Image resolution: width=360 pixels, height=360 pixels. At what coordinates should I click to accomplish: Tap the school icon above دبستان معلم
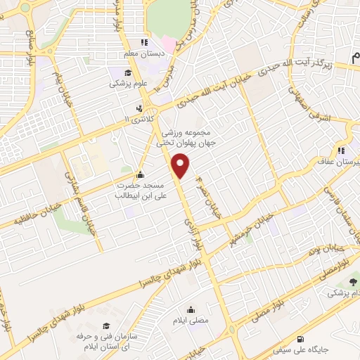point(144,42)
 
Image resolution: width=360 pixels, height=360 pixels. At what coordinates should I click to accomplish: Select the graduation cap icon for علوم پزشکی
point(127,72)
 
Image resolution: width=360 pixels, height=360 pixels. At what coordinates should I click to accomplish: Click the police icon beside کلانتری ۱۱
point(139,109)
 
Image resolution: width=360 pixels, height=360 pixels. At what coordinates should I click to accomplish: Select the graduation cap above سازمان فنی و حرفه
point(105,326)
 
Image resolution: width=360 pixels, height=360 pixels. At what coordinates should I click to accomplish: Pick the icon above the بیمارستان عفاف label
point(340,150)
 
